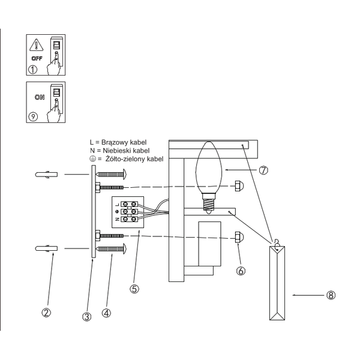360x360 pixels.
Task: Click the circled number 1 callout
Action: coord(33,70)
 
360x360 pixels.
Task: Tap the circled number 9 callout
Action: coord(33,116)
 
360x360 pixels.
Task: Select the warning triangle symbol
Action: coord(36,45)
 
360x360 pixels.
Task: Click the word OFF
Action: coord(37,59)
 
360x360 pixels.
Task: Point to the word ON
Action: coord(40,97)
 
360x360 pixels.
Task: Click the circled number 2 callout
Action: coord(46,313)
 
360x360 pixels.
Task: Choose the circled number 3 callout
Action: coord(87,317)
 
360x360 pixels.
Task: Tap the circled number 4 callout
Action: coord(106,313)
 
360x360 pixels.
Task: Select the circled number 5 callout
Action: coord(134,289)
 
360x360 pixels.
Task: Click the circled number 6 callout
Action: coord(241,271)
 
